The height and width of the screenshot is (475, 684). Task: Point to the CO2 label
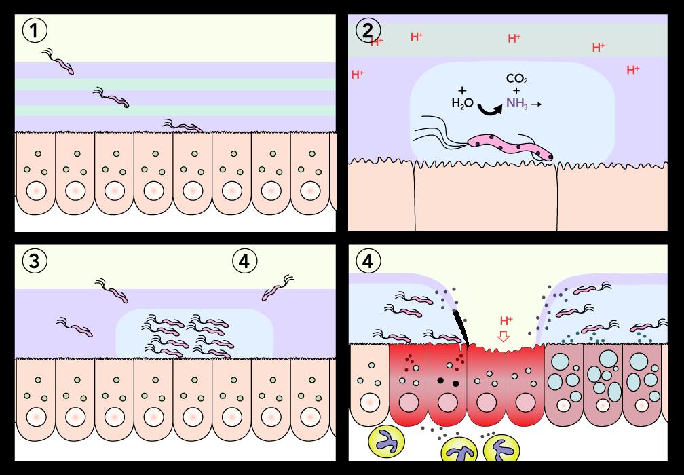coord(517,79)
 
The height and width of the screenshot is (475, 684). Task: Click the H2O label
coord(462,104)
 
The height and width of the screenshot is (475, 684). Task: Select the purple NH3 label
coord(516,104)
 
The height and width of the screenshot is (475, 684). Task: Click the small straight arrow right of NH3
coord(536,104)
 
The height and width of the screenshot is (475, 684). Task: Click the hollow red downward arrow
coord(503,337)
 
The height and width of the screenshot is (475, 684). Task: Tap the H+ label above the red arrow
coord(506,320)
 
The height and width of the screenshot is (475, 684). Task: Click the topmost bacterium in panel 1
coord(59,61)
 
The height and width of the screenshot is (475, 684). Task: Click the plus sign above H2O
coord(462,90)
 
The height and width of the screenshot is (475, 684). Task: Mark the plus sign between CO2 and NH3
coord(517,91)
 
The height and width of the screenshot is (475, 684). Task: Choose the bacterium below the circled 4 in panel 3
coord(276,289)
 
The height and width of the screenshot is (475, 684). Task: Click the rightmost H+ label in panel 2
coord(632,69)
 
